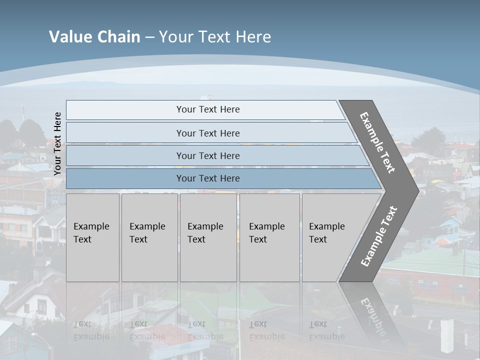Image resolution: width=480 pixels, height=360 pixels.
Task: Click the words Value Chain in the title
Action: pyautogui.click(x=94, y=37)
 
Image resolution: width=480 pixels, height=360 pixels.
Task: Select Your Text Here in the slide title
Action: pyautogui.click(x=215, y=37)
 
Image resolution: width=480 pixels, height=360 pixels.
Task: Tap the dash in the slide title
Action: pyautogui.click(x=149, y=37)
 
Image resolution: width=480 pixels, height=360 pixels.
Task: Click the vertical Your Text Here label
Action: pyautogui.click(x=57, y=143)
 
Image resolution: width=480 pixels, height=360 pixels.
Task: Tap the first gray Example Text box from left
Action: pyautogui.click(x=92, y=237)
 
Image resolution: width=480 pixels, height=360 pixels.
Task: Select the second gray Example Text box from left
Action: pyautogui.click(x=149, y=237)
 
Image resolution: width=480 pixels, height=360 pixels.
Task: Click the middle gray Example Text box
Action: pyautogui.click(x=208, y=237)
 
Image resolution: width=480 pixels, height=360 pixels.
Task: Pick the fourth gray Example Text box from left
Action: pyautogui.click(x=269, y=237)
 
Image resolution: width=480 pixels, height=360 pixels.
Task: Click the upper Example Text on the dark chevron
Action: pyautogui.click(x=377, y=142)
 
